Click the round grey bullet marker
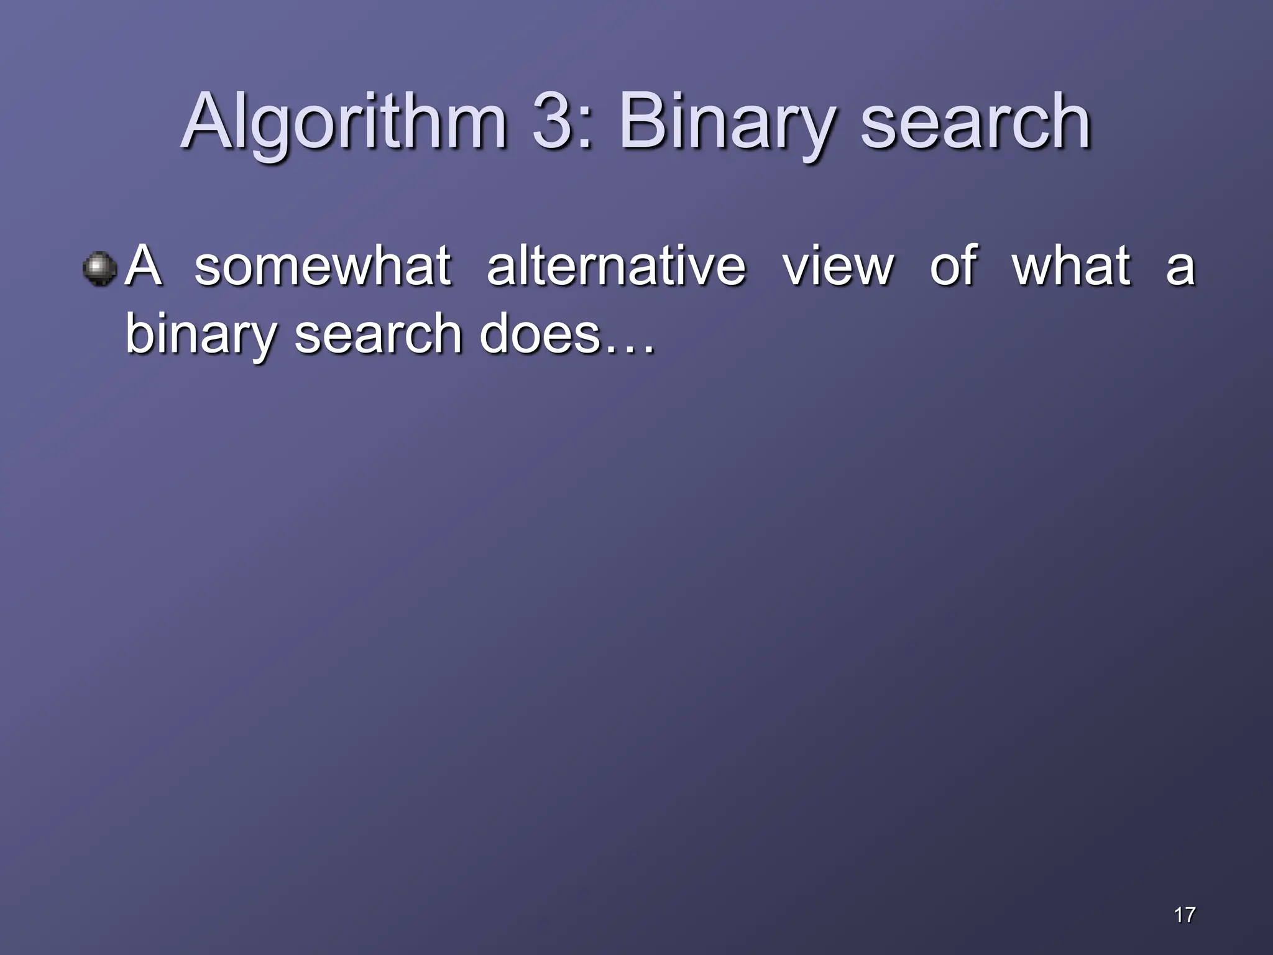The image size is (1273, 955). point(99,269)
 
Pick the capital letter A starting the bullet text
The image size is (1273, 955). point(144,265)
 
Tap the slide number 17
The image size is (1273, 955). point(1185,915)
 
